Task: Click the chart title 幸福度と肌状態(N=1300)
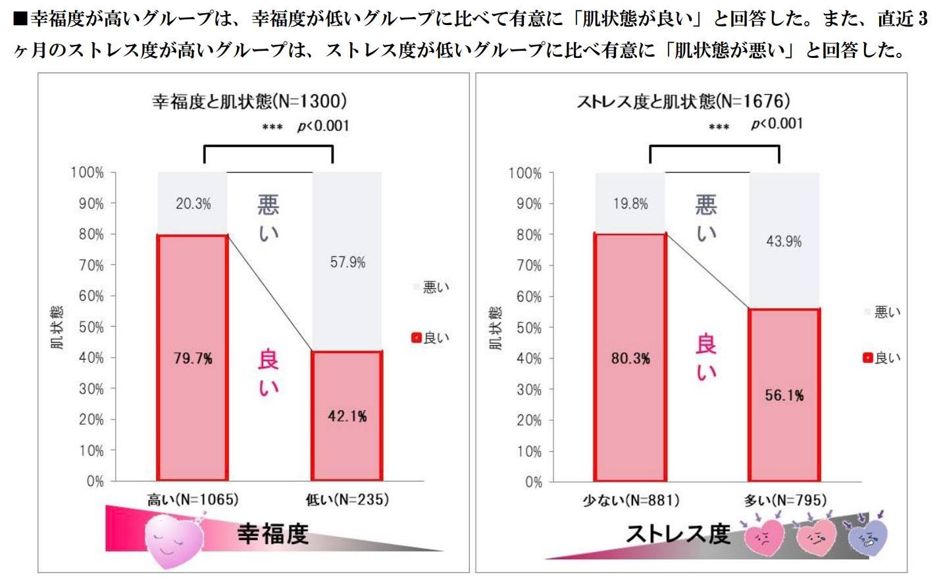249,101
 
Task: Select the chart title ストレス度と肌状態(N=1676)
684,101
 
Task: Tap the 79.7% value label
193,358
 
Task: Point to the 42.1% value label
347,416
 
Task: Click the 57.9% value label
348,262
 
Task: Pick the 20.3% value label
193,204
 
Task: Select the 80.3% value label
630,358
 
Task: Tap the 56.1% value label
784,395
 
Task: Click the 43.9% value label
784,242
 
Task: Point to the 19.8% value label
630,204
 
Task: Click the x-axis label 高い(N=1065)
193,500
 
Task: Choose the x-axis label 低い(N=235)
347,500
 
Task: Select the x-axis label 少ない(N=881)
631,500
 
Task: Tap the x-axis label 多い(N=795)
785,500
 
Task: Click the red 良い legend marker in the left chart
417,337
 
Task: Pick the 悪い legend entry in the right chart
883,312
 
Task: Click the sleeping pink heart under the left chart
174,540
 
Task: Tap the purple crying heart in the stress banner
868,537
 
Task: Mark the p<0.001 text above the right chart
776,124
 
